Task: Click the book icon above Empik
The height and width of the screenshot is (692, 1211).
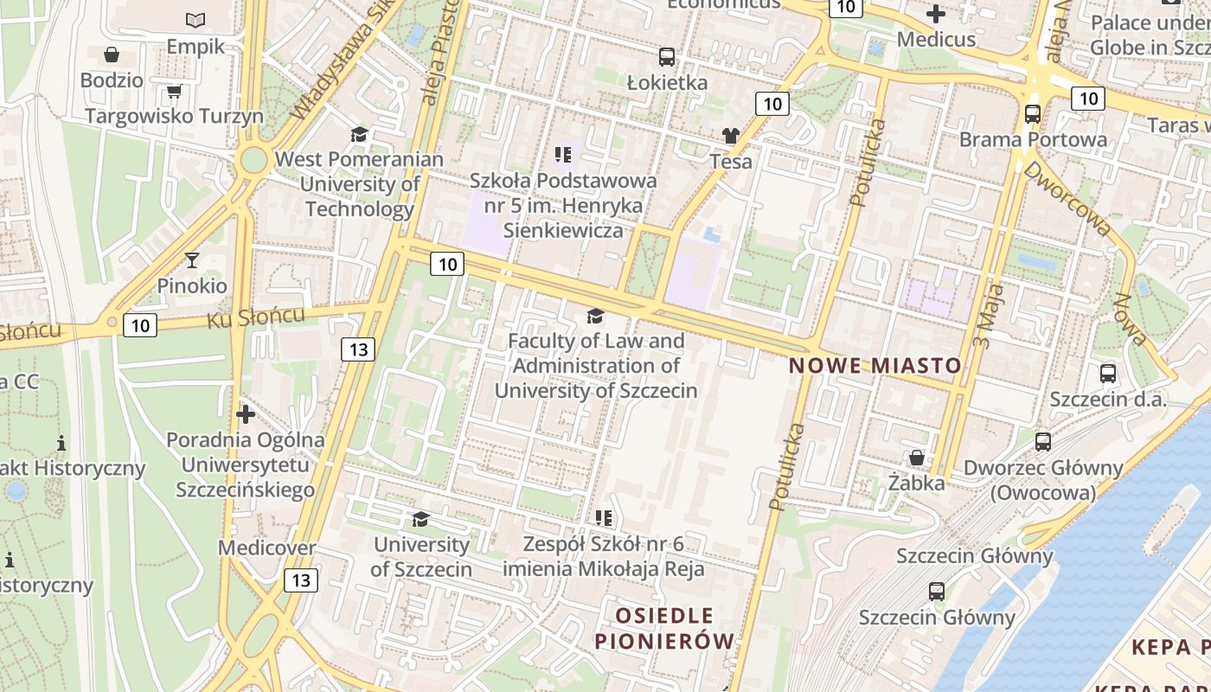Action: (x=196, y=20)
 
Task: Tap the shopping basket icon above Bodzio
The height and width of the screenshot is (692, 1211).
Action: (x=112, y=55)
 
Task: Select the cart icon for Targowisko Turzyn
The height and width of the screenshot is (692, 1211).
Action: (x=174, y=91)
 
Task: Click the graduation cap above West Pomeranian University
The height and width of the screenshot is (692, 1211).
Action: (x=359, y=134)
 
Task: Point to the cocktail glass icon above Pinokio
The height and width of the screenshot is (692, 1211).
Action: (x=192, y=259)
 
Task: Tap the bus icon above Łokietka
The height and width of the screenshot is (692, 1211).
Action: (x=666, y=57)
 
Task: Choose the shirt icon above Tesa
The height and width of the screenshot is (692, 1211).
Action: (x=731, y=136)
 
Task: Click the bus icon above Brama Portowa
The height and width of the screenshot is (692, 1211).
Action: (x=1032, y=113)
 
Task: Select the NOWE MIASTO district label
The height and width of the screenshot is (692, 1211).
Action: (x=875, y=365)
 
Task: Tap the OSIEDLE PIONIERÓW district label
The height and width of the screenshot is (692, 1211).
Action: (x=664, y=629)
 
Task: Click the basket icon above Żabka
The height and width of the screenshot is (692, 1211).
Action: (x=916, y=457)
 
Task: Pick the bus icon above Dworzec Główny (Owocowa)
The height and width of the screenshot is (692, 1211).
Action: (x=1043, y=441)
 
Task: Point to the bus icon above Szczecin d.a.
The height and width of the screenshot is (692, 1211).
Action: (x=1108, y=374)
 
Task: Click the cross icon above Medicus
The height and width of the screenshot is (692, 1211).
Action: (x=936, y=14)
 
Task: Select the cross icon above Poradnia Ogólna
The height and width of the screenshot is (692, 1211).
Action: (x=246, y=414)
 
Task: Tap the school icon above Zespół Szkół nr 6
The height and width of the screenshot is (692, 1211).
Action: (x=604, y=518)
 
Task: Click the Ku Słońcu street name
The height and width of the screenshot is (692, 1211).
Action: (x=256, y=317)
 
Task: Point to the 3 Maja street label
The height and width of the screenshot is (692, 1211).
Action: (x=987, y=317)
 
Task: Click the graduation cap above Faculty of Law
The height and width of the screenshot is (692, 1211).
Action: (x=595, y=316)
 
